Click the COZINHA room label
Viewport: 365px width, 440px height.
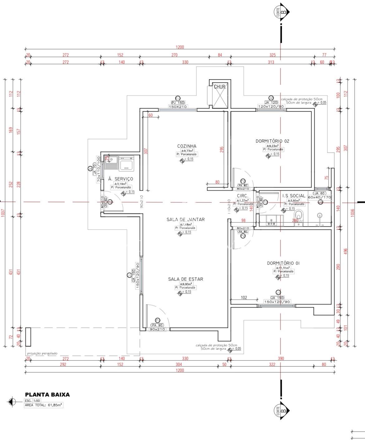pyautogui.click(x=187, y=146)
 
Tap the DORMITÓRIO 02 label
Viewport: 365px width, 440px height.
pyautogui.click(x=272, y=141)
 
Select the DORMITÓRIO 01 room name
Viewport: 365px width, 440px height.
pyautogui.click(x=283, y=263)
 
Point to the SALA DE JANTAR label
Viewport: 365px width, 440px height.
pyautogui.click(x=186, y=220)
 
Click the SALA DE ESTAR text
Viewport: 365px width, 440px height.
pyautogui.click(x=186, y=279)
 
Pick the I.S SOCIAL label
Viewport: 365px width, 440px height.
pyautogui.click(x=294, y=196)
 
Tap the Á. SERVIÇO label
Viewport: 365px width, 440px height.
pyautogui.click(x=120, y=179)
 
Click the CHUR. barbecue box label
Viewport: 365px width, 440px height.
pyautogui.click(x=220, y=87)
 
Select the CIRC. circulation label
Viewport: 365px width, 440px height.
pyautogui.click(x=242, y=196)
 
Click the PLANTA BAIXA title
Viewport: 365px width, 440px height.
pyautogui.click(x=47, y=394)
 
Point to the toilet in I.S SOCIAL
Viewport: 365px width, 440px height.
pyautogui.click(x=299, y=215)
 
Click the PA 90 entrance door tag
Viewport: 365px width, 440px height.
pyautogui.click(x=158, y=325)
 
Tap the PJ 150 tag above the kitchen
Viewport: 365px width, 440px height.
pyautogui.click(x=178, y=103)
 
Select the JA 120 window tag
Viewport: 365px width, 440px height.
pyautogui.click(x=271, y=103)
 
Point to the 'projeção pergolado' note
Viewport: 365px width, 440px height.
pyautogui.click(x=42, y=353)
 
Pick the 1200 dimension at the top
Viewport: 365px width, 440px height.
pyautogui.click(x=180, y=47)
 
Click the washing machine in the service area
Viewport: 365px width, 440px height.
pyautogui.click(x=126, y=163)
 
